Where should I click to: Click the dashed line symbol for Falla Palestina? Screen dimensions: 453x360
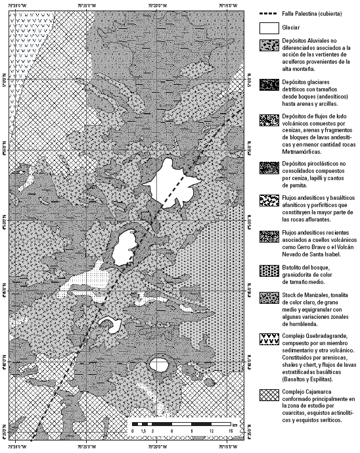(x=272, y=14)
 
